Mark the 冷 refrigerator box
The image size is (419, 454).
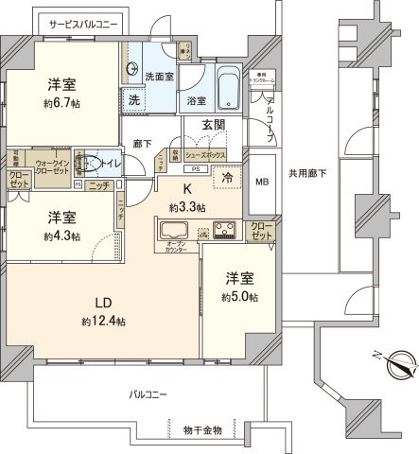(x=228, y=176)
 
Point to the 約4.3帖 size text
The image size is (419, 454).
(x=62, y=236)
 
